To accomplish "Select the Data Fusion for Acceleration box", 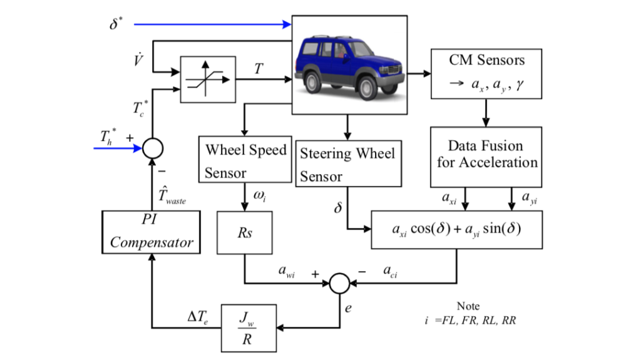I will tap(486, 154).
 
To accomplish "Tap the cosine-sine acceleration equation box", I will tap(456, 229).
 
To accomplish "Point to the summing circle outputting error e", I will tap(339, 284).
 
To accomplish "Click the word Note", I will tap(468, 306).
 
